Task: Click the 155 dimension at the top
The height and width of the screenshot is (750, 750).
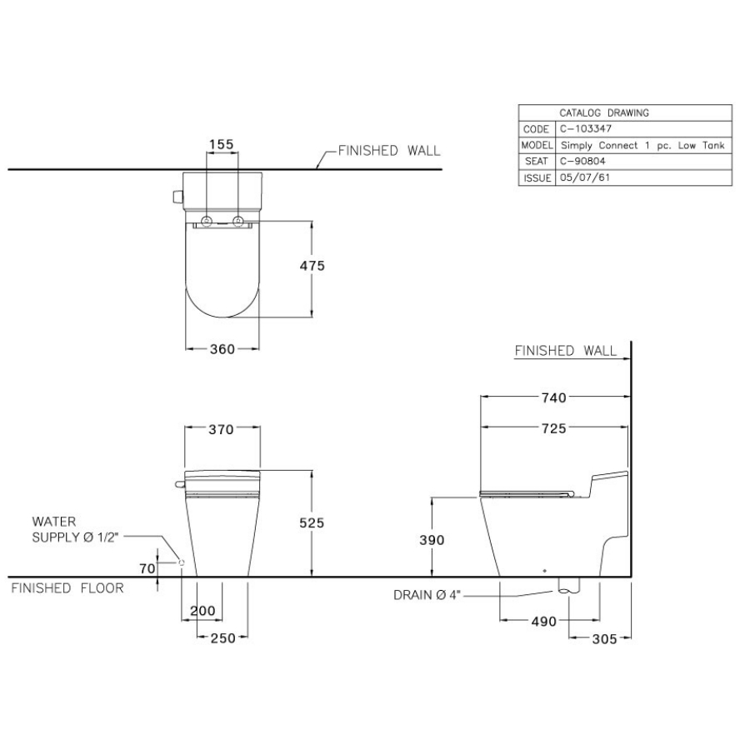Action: [222, 144]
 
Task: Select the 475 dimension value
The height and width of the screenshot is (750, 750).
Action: [312, 266]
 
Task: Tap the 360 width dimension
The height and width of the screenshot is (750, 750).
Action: [222, 349]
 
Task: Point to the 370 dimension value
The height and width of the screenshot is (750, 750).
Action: [221, 429]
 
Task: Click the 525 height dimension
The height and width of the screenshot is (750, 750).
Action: [312, 522]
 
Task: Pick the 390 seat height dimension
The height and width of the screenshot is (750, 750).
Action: [432, 540]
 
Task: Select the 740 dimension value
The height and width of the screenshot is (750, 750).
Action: [554, 397]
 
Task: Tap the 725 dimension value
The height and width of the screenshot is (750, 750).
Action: [554, 428]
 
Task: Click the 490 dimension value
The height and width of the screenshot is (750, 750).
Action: [544, 622]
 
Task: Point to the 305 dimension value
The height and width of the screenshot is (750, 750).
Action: [605, 639]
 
